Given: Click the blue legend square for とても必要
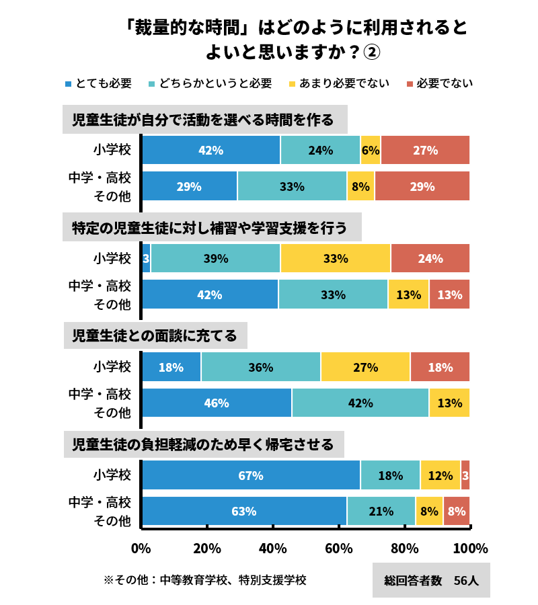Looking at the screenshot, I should [68, 84].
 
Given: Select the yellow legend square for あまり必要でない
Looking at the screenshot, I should [292, 84].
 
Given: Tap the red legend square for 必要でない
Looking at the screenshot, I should [410, 84].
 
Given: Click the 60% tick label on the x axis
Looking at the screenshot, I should [339, 549].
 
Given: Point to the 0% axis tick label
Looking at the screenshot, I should [141, 549].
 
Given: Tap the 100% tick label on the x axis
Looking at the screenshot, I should [470, 549].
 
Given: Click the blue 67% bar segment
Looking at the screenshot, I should [250, 475].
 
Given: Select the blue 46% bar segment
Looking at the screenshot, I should [217, 403].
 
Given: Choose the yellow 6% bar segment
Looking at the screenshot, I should [371, 150].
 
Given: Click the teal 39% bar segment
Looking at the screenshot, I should [215, 258].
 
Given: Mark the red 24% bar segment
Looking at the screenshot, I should [430, 258].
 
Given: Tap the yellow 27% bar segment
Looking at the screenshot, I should [365, 367].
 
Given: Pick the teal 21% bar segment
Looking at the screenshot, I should [381, 511].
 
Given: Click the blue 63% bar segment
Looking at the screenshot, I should [243, 511].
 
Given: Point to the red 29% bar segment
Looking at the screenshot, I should [422, 186].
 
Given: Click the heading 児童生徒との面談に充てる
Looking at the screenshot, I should [155, 335].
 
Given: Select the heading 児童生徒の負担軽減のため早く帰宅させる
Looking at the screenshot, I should [203, 444].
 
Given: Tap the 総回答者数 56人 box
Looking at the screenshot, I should [431, 580].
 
